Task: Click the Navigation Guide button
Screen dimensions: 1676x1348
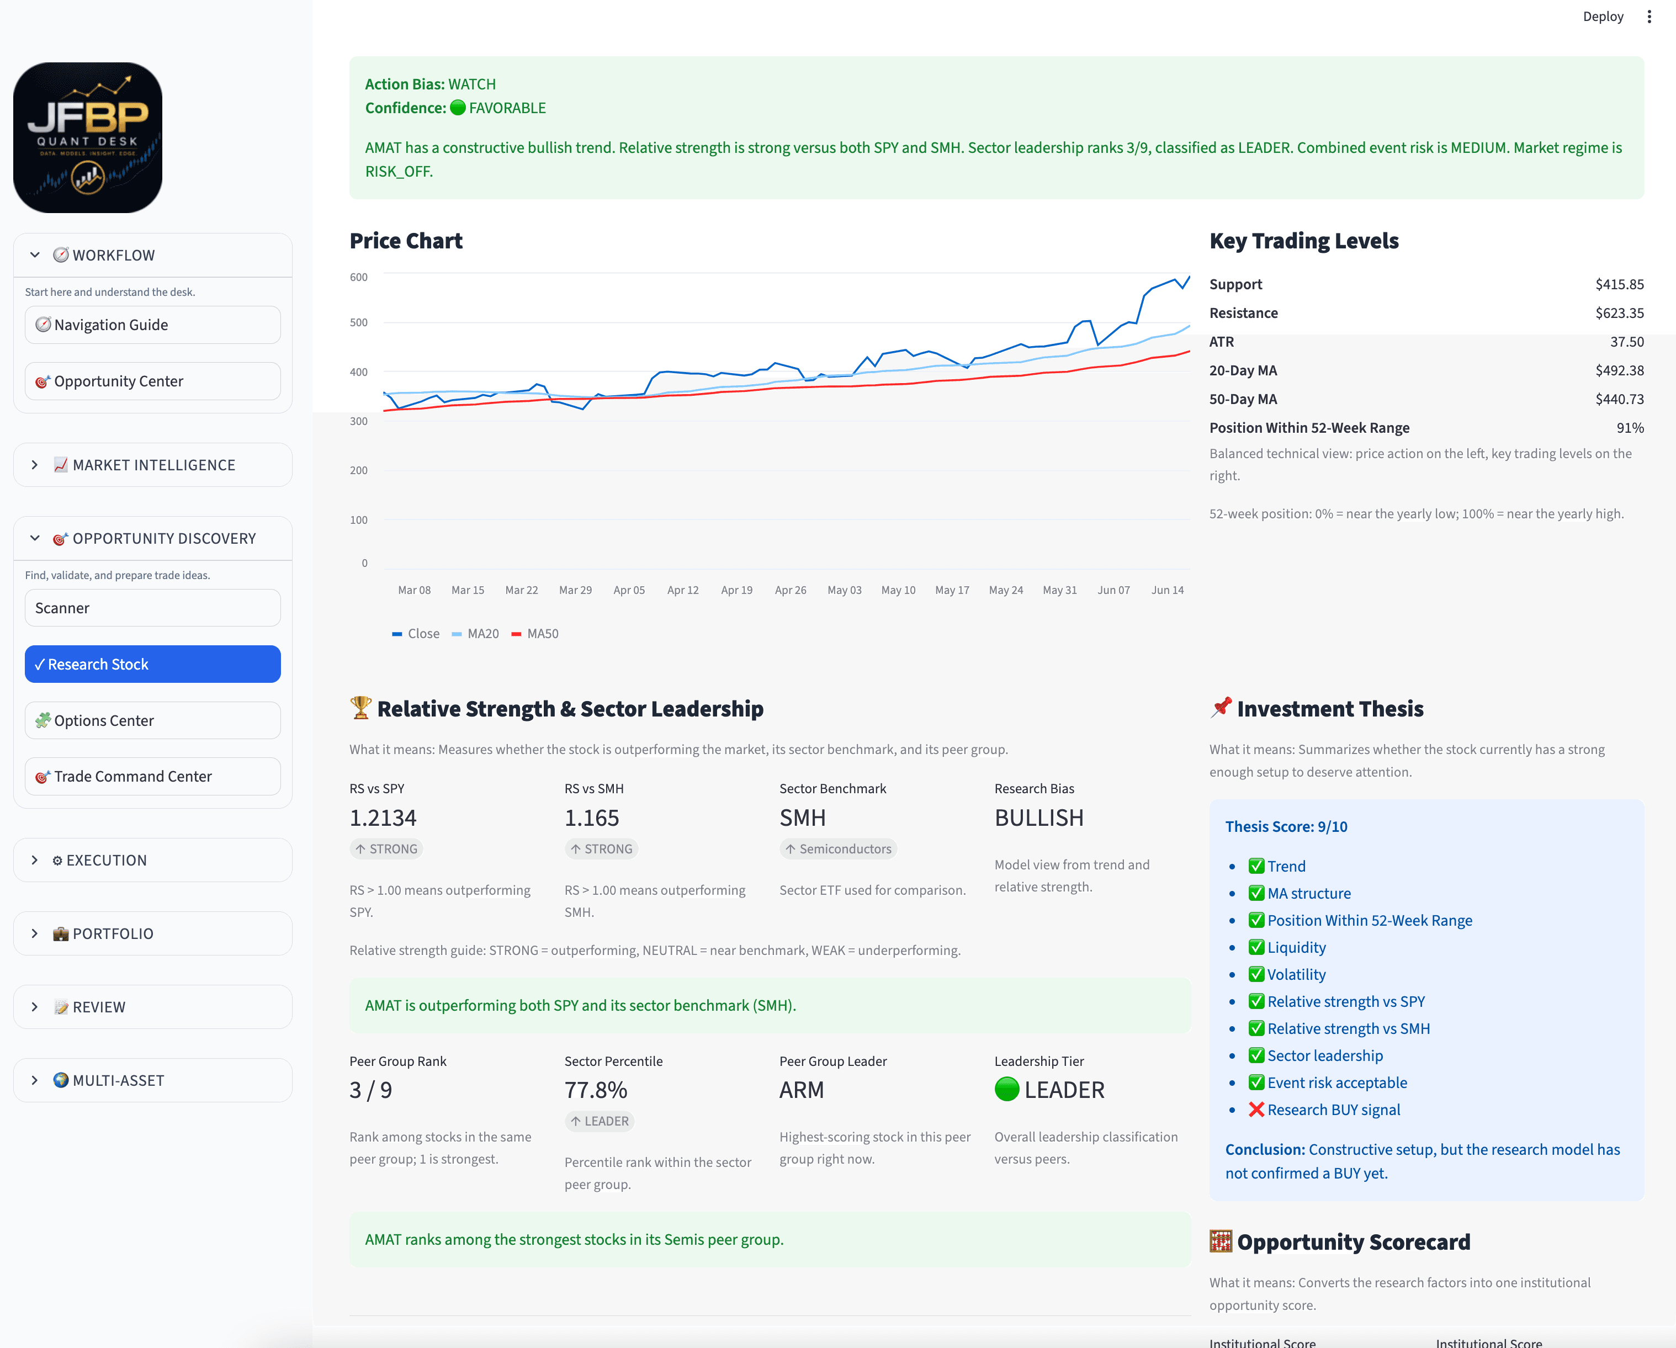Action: pos(152,325)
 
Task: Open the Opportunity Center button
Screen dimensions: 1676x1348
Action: pos(152,381)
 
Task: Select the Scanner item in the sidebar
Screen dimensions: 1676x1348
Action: pos(152,608)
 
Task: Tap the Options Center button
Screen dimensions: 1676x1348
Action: pos(152,720)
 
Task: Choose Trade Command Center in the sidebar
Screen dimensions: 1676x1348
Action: pos(152,777)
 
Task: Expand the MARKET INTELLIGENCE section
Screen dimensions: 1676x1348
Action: pos(152,465)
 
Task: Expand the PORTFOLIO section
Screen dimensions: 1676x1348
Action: pos(152,933)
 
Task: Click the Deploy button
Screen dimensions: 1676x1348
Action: pos(1603,17)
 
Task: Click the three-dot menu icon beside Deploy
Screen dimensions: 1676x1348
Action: pos(1649,17)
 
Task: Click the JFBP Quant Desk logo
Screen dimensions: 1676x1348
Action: pos(88,137)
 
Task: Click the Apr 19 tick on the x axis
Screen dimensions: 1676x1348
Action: pos(737,590)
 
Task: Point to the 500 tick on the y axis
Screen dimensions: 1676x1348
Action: pos(358,322)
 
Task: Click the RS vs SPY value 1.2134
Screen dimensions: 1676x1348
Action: pos(383,818)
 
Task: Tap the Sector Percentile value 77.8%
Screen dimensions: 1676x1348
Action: pos(596,1090)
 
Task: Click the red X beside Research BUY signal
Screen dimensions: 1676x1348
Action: pos(1256,1110)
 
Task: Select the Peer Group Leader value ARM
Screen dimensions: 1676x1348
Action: pos(802,1090)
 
